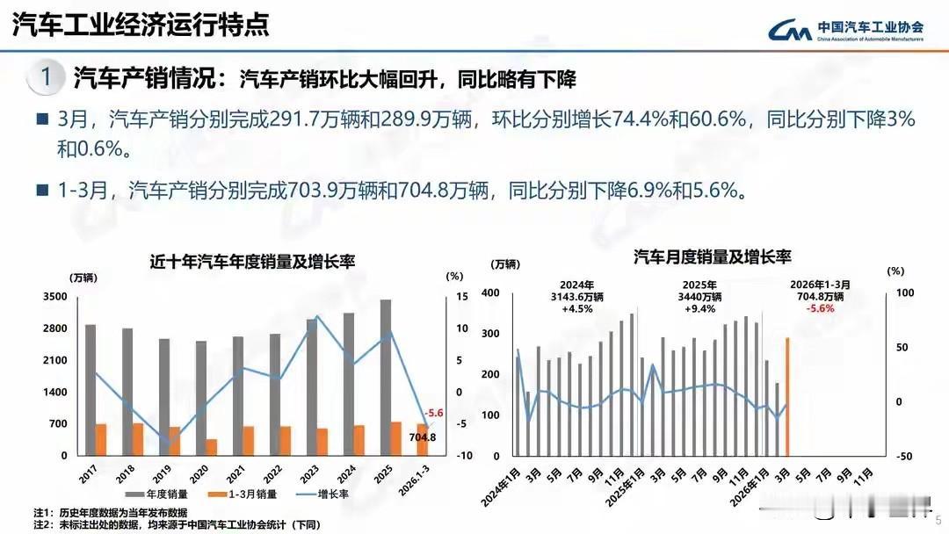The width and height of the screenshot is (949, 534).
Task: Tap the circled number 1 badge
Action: pos(45,78)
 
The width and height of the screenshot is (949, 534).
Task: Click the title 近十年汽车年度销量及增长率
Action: pos(251,261)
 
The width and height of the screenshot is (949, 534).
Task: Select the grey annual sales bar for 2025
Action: pos(386,378)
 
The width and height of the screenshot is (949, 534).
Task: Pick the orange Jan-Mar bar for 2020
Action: pos(212,447)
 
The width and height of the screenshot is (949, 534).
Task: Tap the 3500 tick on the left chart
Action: pos(54,297)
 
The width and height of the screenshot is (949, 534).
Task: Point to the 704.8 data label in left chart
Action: pos(422,437)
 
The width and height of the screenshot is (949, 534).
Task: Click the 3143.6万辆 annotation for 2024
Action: pos(577,297)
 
